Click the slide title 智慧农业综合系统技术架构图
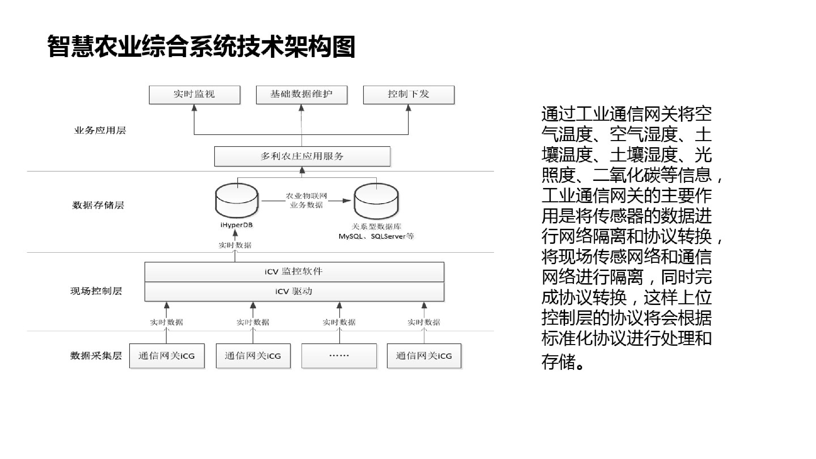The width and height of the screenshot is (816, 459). click(x=201, y=46)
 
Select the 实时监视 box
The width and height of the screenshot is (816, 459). click(x=194, y=95)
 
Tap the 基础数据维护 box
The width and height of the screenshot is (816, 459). click(x=302, y=95)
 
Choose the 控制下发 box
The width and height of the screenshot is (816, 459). click(x=409, y=95)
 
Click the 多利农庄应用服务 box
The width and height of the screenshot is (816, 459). click(x=302, y=156)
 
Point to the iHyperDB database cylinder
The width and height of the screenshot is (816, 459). click(x=237, y=201)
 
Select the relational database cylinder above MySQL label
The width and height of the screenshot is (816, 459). click(x=376, y=201)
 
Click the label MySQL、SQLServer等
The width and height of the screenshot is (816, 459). click(x=376, y=236)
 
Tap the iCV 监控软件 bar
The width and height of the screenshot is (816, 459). click(x=294, y=272)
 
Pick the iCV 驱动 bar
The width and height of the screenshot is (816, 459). click(x=294, y=291)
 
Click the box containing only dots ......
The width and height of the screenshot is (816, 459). click(x=339, y=356)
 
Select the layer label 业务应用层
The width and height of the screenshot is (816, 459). click(x=100, y=131)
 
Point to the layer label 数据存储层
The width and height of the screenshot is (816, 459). click(x=98, y=205)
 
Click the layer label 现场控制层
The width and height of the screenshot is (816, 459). click(x=96, y=291)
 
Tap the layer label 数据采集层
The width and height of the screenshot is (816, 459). click(x=96, y=356)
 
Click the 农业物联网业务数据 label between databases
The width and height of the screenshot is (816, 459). click(x=306, y=201)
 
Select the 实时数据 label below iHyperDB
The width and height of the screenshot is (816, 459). click(x=235, y=245)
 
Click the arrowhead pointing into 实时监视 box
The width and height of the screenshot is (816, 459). click(x=194, y=108)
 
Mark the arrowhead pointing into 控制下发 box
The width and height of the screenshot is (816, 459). click(x=408, y=108)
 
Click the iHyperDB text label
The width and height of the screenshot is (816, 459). click(x=237, y=225)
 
